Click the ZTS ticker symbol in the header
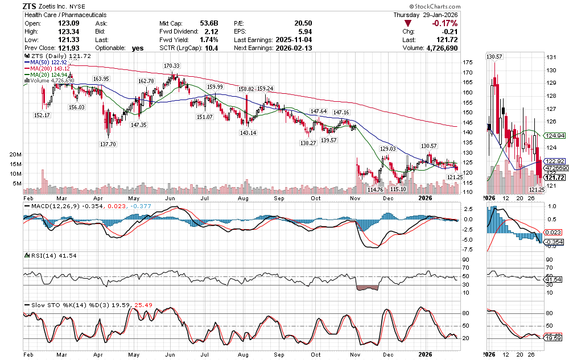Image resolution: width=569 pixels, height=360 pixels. (31, 6)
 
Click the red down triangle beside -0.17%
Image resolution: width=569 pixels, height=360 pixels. (407, 24)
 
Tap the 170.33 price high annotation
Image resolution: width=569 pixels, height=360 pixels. (172, 66)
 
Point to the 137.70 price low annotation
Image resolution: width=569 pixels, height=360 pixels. (108, 144)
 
